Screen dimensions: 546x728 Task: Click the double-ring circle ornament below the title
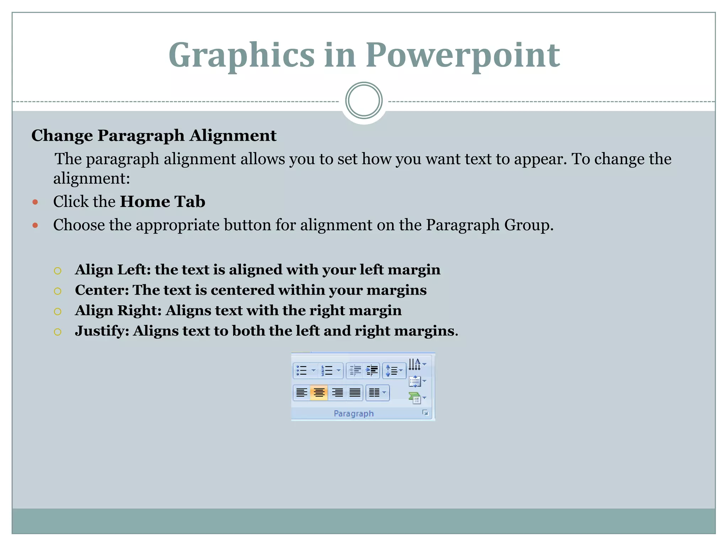pos(364,101)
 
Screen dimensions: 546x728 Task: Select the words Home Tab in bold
pos(162,202)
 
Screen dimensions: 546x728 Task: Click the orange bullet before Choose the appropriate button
pos(35,225)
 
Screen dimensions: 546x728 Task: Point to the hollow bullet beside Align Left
pos(58,271)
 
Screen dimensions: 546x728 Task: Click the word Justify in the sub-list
pos(102,331)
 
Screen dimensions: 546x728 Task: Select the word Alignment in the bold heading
pos(232,135)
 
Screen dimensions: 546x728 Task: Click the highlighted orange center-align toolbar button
pos(319,393)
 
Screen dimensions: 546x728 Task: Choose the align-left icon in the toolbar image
pos(301,393)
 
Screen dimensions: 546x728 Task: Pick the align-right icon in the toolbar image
pos(337,393)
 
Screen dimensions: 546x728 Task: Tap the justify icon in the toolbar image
pos(355,393)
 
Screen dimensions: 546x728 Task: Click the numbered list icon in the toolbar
pos(327,370)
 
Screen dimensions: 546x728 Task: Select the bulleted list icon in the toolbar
pos(302,370)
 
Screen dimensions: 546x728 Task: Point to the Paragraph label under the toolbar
pos(354,413)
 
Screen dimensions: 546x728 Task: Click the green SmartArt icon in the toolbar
pos(415,398)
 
